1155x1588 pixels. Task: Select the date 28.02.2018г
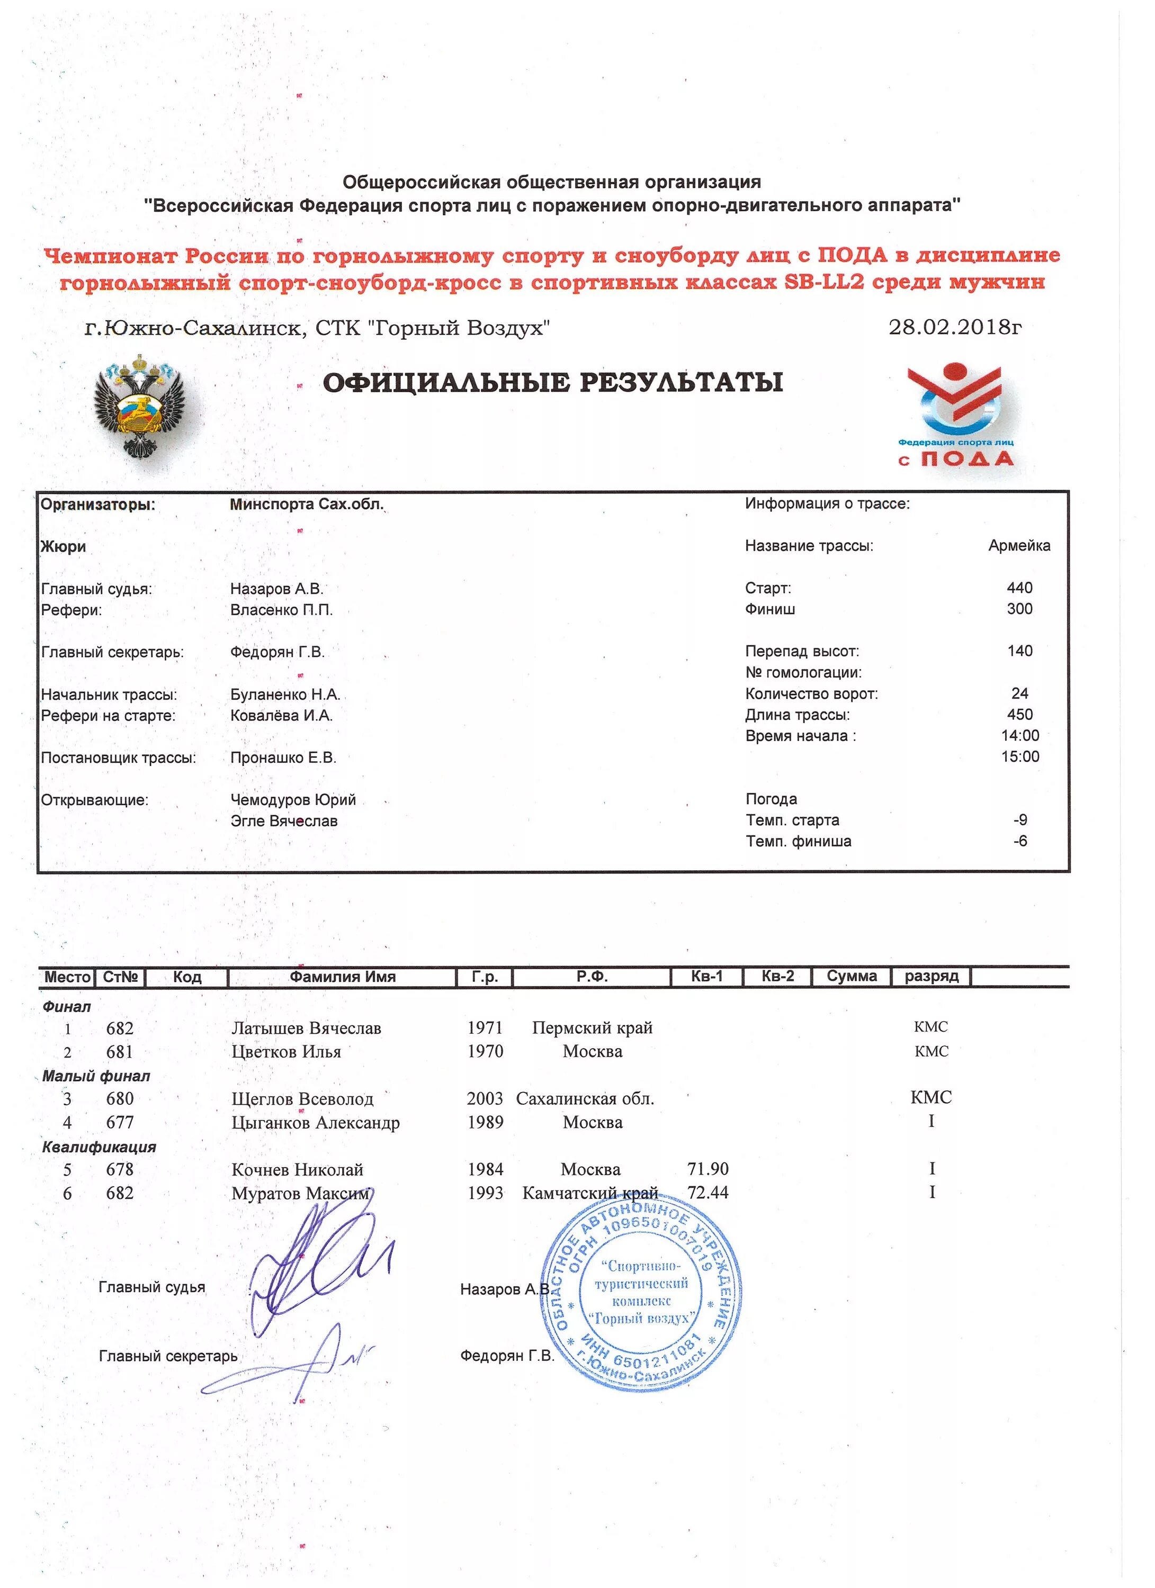(955, 327)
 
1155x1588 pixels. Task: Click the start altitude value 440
(1019, 588)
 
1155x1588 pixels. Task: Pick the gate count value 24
(1019, 694)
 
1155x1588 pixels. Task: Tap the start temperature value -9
(1020, 820)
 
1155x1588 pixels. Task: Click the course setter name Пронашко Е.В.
(283, 757)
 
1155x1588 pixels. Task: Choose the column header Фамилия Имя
(343, 977)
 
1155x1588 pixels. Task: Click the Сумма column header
(851, 977)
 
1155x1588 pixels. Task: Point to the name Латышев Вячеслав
(306, 1028)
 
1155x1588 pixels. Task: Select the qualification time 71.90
(708, 1169)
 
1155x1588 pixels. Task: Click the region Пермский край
(592, 1028)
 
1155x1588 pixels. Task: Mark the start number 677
(120, 1122)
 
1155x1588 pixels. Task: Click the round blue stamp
(641, 1291)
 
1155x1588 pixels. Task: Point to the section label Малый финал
(96, 1076)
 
